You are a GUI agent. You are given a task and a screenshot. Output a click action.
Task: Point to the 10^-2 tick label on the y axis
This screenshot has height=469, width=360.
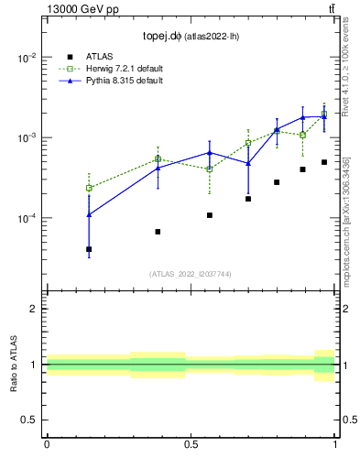tap(27, 57)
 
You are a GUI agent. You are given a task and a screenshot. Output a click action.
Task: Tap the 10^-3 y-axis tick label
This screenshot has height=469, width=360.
tap(27, 137)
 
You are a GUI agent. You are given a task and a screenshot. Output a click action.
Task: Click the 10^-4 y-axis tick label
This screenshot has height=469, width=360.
tap(27, 218)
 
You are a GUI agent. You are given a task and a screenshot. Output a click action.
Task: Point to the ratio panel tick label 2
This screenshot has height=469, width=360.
tap(34, 309)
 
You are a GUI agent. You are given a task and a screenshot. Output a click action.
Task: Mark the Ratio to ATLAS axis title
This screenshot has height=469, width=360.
tap(14, 365)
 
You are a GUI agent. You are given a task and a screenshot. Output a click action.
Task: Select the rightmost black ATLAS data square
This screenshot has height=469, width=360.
tap(324, 162)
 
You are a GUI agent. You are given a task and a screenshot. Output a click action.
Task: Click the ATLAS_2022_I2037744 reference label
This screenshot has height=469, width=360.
tap(191, 274)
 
